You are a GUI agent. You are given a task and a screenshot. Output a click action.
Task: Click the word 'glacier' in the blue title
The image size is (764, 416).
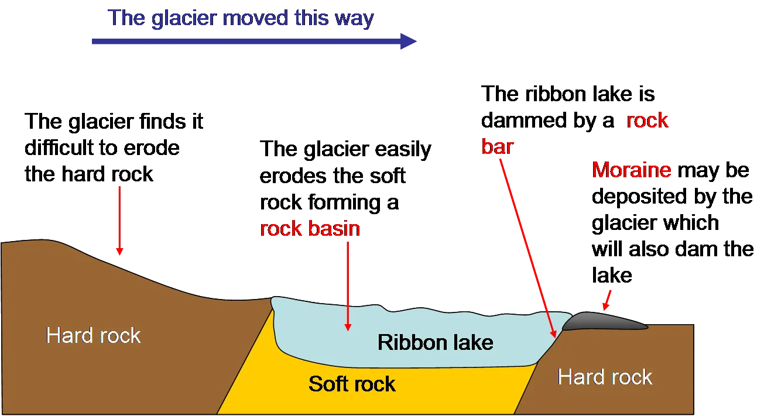(184, 18)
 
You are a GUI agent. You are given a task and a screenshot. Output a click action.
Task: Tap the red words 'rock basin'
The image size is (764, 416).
(310, 228)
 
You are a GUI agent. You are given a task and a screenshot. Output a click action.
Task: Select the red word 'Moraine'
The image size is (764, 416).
(632, 170)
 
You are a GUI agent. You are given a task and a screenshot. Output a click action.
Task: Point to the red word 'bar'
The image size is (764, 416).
(497, 147)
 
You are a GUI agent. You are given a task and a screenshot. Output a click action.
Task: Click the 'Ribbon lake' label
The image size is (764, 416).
(435, 342)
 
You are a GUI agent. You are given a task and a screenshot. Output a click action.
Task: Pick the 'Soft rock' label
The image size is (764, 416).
(352, 384)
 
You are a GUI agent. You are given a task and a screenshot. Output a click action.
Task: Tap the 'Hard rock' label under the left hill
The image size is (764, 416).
(93, 335)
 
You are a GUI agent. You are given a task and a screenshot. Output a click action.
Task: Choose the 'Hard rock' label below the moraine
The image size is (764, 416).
(605, 377)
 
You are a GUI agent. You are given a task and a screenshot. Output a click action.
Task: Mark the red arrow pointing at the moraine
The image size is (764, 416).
(607, 300)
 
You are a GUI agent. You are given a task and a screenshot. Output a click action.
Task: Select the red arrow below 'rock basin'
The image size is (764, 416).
(348, 287)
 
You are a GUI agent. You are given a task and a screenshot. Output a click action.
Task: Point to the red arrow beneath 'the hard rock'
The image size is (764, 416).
(119, 221)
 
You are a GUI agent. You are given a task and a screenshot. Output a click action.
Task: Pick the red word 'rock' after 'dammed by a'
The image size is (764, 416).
(647, 121)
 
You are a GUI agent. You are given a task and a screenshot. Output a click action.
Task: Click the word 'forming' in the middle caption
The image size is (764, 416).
(344, 202)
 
